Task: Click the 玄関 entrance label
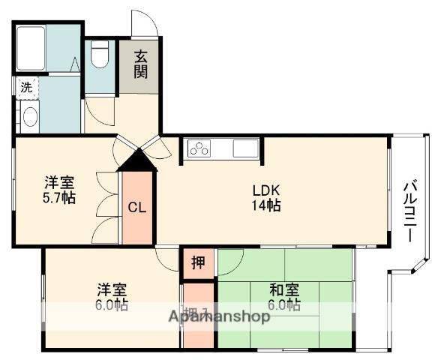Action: [x=141, y=64]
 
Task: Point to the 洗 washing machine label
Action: [x=27, y=87]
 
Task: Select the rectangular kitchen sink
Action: [x=244, y=148]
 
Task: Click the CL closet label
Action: [x=136, y=208]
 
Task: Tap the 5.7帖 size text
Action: [x=58, y=197]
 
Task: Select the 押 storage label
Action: [x=197, y=262]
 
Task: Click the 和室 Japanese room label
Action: [x=284, y=289]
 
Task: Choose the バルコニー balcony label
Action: [x=410, y=211]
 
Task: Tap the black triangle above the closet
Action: [x=137, y=160]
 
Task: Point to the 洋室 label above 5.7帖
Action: [x=58, y=181]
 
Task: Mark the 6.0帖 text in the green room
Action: [x=284, y=305]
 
